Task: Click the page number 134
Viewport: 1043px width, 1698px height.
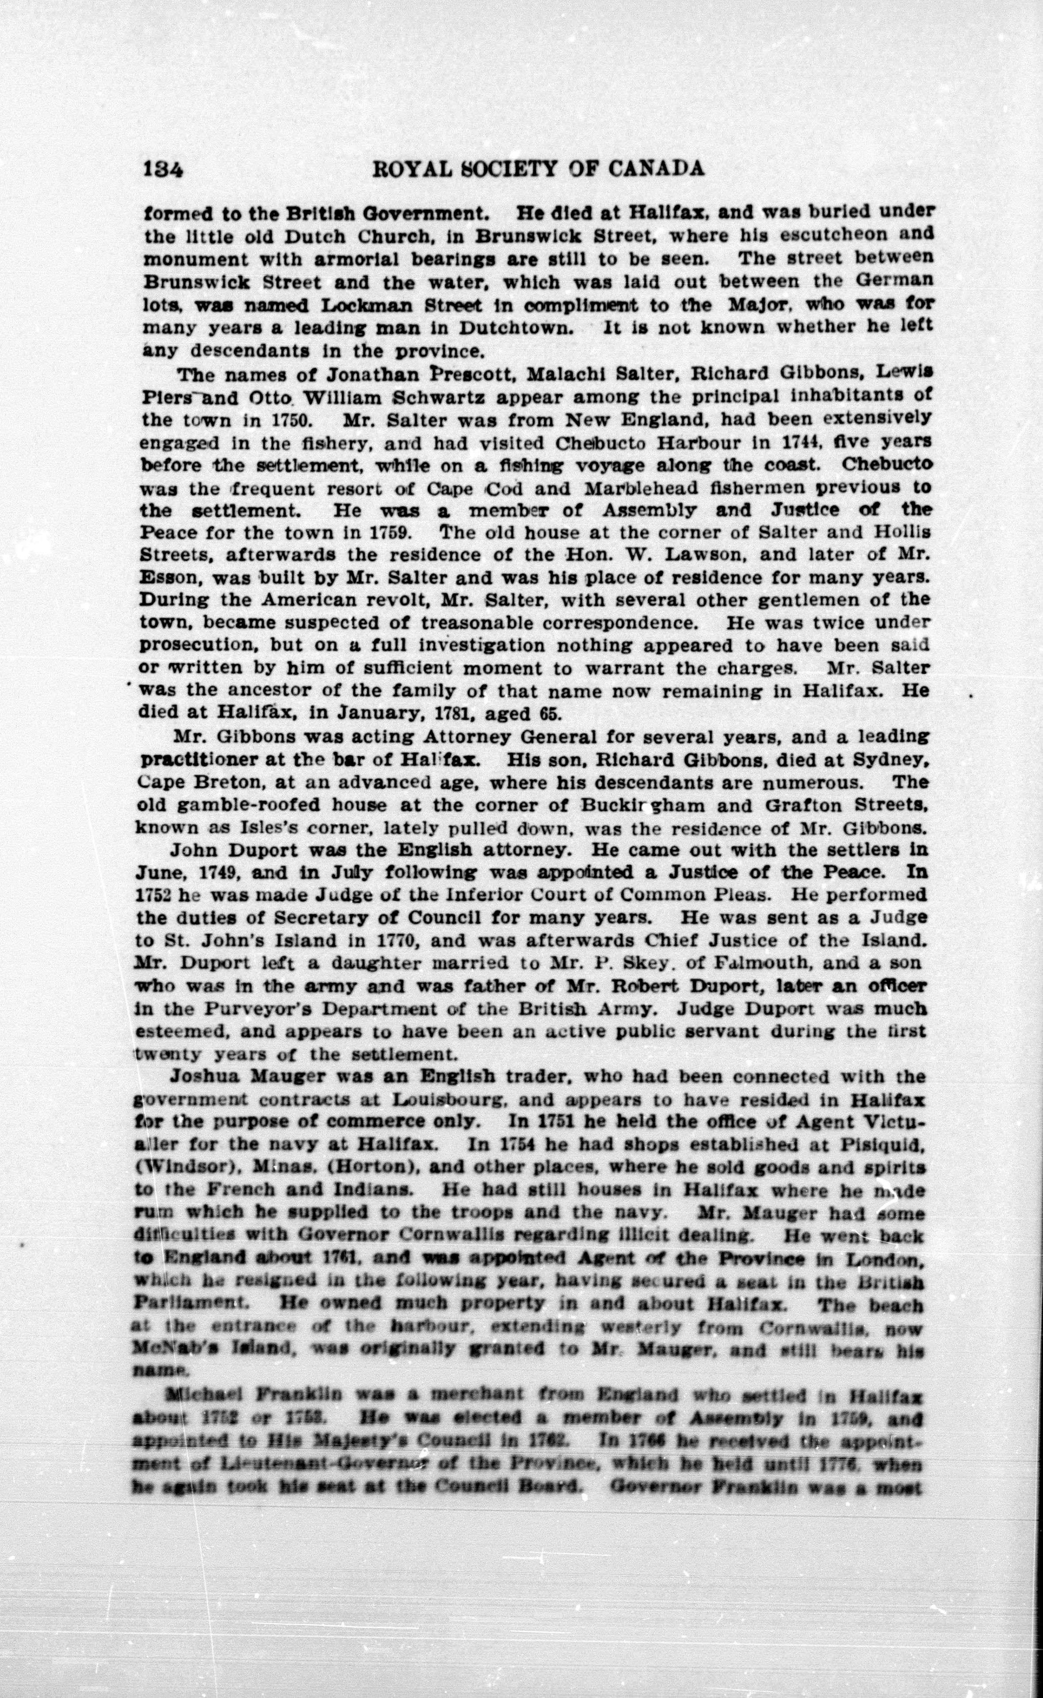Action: (164, 169)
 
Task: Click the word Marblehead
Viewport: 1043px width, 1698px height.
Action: (639, 488)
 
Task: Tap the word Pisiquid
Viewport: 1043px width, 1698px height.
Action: (881, 1145)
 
